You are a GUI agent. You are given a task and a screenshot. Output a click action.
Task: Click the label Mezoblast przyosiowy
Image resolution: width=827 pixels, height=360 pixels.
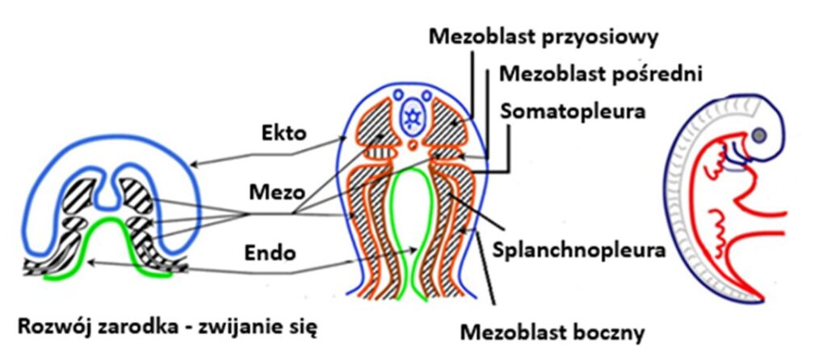(x=544, y=38)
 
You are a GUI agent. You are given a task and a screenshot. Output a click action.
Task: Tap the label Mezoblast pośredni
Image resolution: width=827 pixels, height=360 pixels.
(x=601, y=74)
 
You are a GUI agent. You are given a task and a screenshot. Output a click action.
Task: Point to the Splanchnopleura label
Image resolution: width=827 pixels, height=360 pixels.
(x=578, y=249)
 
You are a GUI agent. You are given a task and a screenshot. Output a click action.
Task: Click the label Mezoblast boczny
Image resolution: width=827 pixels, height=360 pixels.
(x=552, y=333)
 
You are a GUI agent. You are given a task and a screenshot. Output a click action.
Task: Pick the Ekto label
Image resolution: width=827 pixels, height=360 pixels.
(x=284, y=133)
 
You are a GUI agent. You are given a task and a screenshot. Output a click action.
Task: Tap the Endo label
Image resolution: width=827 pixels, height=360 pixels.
(x=271, y=253)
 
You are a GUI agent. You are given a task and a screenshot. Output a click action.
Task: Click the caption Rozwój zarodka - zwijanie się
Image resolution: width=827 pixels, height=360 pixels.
(x=168, y=329)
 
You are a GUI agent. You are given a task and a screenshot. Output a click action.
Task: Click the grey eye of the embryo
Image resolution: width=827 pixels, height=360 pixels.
(x=759, y=136)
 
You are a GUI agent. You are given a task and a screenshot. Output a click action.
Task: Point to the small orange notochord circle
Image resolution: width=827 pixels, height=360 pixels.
(x=413, y=144)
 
